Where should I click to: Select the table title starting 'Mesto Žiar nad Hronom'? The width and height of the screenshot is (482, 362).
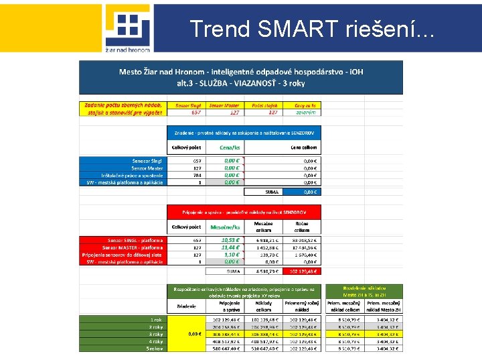coord(241,77)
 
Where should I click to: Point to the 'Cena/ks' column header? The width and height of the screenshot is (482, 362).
coord(232,147)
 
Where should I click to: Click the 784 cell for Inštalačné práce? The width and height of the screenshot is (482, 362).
coord(197,175)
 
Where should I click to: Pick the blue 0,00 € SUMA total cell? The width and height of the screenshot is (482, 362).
coord(309,192)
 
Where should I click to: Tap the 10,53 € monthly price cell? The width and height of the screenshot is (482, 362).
coord(231,240)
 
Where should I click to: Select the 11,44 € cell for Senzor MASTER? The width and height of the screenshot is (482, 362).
coord(231,247)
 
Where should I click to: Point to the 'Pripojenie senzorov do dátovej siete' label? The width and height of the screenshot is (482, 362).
coord(123,255)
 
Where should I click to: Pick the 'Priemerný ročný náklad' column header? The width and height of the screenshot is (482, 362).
coord(302,307)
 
